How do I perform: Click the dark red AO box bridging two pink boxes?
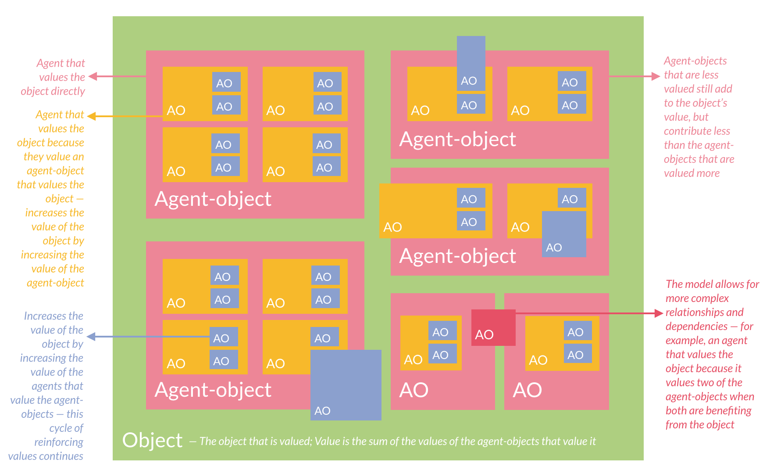click(493, 327)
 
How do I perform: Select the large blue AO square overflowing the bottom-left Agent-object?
click(346, 384)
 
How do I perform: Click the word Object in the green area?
click(152, 440)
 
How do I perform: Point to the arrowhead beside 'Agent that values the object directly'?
click(93, 76)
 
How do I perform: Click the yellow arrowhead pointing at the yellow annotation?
click(92, 116)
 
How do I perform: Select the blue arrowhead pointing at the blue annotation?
click(91, 337)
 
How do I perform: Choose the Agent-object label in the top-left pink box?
click(213, 199)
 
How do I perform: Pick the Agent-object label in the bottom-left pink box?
click(213, 390)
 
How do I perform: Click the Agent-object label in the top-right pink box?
click(457, 139)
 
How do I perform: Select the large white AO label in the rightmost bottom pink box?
click(527, 390)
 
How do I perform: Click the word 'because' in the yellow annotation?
click(66, 143)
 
